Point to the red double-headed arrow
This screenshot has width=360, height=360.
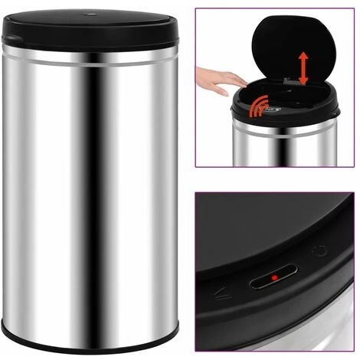[304, 68]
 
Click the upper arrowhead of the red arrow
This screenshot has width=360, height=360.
[304, 54]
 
